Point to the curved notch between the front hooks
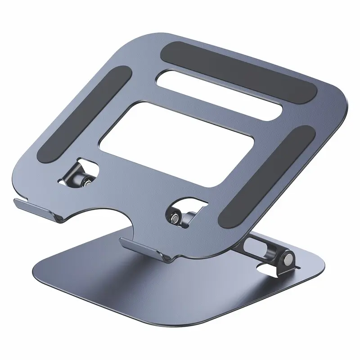coord(94,216)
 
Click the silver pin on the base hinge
coord(286,260)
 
